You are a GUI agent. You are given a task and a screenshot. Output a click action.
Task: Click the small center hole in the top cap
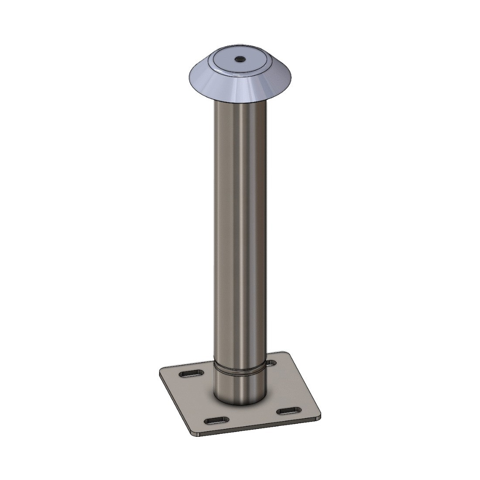[x=239, y=59]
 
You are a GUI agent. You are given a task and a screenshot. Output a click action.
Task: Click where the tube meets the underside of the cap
[x=239, y=103]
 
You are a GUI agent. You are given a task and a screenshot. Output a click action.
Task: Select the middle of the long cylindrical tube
[x=239, y=231]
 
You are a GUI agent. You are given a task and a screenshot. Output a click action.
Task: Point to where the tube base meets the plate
[x=239, y=404]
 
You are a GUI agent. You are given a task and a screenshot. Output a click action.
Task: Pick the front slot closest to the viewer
[x=216, y=419]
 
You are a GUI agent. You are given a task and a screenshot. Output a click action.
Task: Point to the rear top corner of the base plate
[x=284, y=353]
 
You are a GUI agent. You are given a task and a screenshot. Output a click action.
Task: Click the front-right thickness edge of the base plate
[x=262, y=428]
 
